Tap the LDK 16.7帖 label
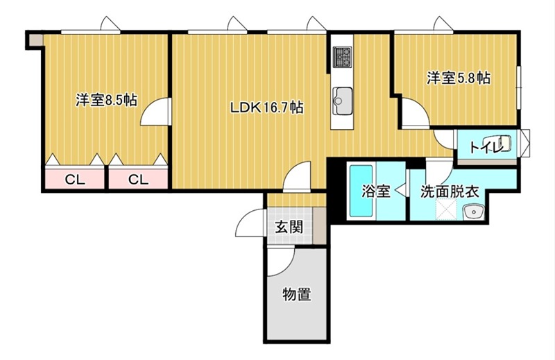coord(267,108)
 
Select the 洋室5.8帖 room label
coord(458,78)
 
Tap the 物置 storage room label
coord(296,295)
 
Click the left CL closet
coord(75,180)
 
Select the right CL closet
coord(138,180)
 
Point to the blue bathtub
coord(361,191)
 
